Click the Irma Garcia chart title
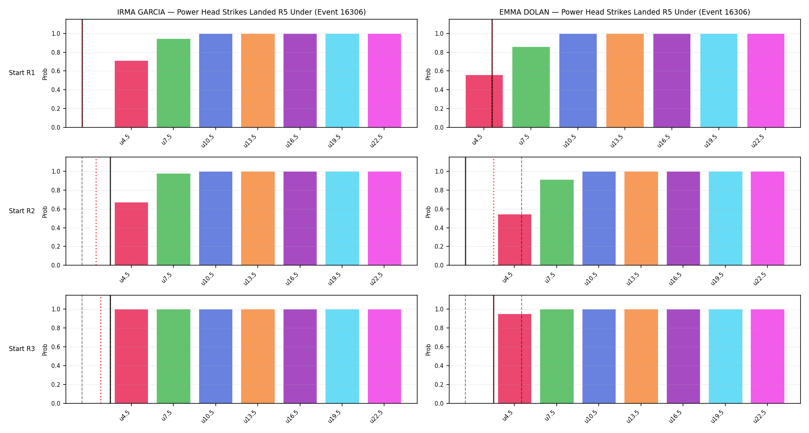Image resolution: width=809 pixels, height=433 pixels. click(242, 12)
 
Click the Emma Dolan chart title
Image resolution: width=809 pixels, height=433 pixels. click(624, 12)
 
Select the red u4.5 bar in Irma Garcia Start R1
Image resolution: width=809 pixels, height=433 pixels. click(131, 94)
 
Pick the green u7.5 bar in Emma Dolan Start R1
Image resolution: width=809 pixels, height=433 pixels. click(531, 87)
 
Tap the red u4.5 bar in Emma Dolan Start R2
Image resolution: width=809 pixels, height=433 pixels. click(515, 240)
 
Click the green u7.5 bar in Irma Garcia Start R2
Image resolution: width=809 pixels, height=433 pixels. click(173, 219)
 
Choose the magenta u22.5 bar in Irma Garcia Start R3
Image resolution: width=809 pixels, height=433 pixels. click(384, 356)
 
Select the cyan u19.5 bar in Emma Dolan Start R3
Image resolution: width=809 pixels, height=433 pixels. click(725, 356)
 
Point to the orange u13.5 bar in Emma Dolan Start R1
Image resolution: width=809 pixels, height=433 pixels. click(625, 80)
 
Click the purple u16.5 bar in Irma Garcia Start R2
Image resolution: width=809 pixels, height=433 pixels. click(300, 218)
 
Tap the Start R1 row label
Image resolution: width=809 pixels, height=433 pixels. click(22, 73)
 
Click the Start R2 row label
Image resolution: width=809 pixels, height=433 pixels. click(22, 211)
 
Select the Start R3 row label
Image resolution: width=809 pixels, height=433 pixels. click(22, 349)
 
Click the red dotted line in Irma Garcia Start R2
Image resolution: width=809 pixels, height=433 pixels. click(96, 211)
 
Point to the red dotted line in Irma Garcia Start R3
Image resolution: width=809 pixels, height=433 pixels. click(101, 349)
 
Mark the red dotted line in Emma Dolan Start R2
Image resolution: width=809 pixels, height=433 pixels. click(493, 211)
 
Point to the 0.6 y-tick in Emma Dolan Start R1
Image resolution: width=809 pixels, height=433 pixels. click(440, 71)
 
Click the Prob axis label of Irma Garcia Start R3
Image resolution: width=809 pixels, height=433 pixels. click(45, 349)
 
